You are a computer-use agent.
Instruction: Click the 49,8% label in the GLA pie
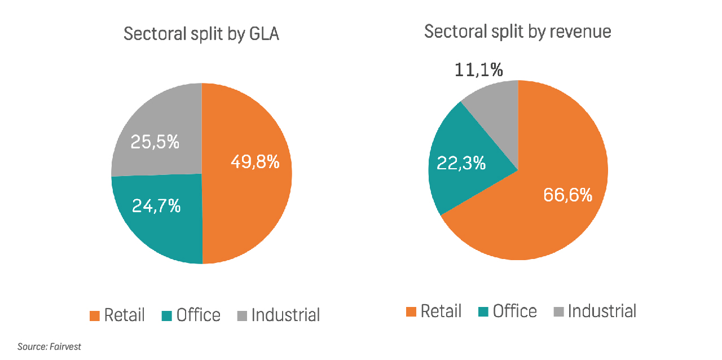[255, 162]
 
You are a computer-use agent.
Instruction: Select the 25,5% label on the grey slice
[155, 142]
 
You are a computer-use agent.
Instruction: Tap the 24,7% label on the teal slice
[156, 206]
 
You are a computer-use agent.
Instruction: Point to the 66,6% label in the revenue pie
[567, 195]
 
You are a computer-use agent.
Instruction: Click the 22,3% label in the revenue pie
[461, 163]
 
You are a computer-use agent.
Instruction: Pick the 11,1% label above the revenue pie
[479, 70]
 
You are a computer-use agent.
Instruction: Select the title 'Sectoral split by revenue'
[517, 32]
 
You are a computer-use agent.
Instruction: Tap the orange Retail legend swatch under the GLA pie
[95, 315]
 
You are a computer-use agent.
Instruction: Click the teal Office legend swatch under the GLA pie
[167, 315]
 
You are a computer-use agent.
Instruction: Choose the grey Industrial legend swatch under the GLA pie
[242, 315]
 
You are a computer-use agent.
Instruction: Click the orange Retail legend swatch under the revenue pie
[411, 311]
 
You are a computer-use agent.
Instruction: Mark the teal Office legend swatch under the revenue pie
[483, 311]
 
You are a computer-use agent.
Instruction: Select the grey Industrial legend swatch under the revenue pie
[558, 311]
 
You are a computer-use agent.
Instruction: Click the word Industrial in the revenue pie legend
[602, 311]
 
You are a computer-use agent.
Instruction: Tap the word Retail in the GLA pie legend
[124, 315]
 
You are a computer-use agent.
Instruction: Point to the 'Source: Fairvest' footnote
[49, 346]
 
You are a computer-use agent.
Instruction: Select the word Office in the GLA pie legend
[198, 315]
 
